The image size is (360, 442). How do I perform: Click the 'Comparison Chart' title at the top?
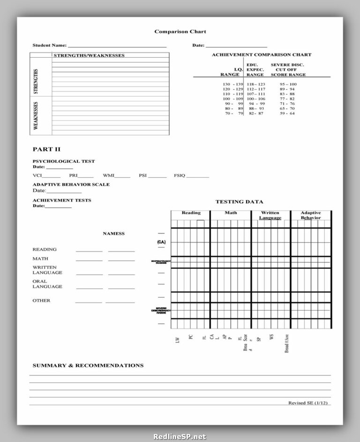[180, 31]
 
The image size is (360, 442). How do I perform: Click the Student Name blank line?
[117, 47]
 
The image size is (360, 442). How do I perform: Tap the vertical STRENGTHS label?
[36, 81]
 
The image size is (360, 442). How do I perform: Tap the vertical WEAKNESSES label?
[36, 116]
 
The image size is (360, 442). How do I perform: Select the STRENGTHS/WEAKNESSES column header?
[89, 55]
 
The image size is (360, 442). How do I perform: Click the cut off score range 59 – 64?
[287, 113]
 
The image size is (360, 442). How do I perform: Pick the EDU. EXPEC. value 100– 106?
[256, 99]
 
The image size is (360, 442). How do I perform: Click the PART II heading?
[46, 149]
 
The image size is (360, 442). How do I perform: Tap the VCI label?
[37, 175]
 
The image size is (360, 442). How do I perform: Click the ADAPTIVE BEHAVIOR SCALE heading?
[71, 184]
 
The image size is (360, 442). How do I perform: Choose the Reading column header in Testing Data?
[191, 213]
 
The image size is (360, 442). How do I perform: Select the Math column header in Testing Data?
[231, 213]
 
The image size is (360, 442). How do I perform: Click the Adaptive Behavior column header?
[311, 215]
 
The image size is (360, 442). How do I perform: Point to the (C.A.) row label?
[161, 242]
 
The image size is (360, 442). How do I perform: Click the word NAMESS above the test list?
[113, 233]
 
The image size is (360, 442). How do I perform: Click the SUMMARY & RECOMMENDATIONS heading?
[88, 365]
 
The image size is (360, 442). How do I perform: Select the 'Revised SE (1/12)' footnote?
[308, 403]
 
